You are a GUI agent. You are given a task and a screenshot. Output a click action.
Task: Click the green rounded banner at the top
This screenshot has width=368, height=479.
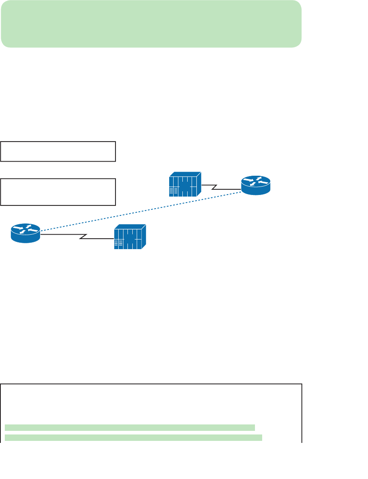(x=151, y=24)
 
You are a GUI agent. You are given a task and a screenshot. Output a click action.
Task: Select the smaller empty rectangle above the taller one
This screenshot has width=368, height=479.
(x=58, y=151)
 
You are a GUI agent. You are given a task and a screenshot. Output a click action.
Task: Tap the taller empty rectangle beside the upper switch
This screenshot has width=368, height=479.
(x=58, y=192)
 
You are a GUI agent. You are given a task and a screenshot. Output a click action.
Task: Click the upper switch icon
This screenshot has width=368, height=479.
(x=185, y=185)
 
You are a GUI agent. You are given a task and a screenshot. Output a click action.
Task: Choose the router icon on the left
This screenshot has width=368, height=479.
(x=26, y=233)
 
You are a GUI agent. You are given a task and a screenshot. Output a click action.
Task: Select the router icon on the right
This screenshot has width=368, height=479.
(x=256, y=185)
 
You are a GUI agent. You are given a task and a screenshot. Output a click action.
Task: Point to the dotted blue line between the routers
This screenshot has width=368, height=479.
(x=140, y=211)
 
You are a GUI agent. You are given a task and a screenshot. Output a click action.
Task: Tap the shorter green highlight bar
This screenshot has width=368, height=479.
(x=130, y=427)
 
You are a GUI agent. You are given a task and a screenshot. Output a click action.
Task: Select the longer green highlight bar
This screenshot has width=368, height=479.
(x=133, y=437)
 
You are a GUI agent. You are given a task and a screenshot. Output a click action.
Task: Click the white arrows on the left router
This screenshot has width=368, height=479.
(x=26, y=229)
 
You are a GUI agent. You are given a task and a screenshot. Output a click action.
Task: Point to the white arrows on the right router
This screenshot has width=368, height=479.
(x=256, y=182)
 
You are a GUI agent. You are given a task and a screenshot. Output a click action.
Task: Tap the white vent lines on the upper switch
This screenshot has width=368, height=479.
(x=172, y=191)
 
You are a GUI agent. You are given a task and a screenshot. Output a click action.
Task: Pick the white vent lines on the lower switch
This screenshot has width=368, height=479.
(x=117, y=244)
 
